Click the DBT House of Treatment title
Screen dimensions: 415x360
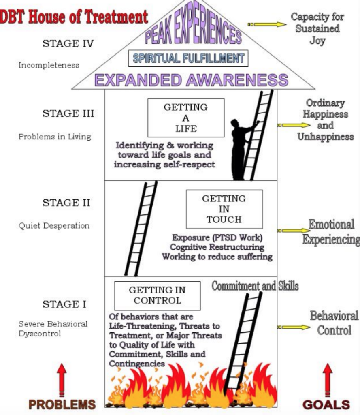[x=74, y=17]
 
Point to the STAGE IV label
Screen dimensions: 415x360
[x=68, y=43]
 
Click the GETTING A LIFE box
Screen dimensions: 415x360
[x=185, y=118]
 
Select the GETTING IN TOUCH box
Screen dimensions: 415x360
[x=224, y=209]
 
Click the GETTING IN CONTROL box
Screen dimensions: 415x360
[x=157, y=295]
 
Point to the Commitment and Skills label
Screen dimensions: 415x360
[x=255, y=286]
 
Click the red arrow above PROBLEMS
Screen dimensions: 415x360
[x=61, y=379]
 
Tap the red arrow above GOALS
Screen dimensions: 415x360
[x=328, y=379]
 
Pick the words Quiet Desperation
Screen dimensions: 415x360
[x=54, y=226]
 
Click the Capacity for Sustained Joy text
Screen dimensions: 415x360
[x=317, y=29]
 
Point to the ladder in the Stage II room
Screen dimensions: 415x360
[x=141, y=229]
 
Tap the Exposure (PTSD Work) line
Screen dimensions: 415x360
[x=217, y=237]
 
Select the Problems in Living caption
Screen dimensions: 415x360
[x=55, y=137]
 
